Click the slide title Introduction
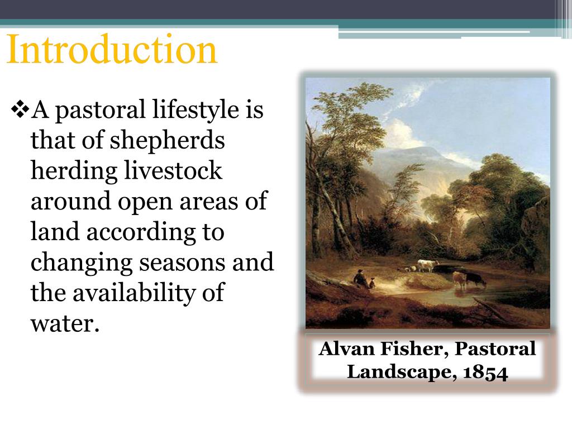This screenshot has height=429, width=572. (112, 50)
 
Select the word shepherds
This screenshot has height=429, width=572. (167, 140)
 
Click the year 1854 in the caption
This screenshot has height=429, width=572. (485, 373)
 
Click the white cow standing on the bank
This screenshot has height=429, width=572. (427, 265)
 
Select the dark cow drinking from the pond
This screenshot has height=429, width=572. (474, 279)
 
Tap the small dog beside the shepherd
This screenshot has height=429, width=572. (372, 284)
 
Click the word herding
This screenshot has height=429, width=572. (74, 170)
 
